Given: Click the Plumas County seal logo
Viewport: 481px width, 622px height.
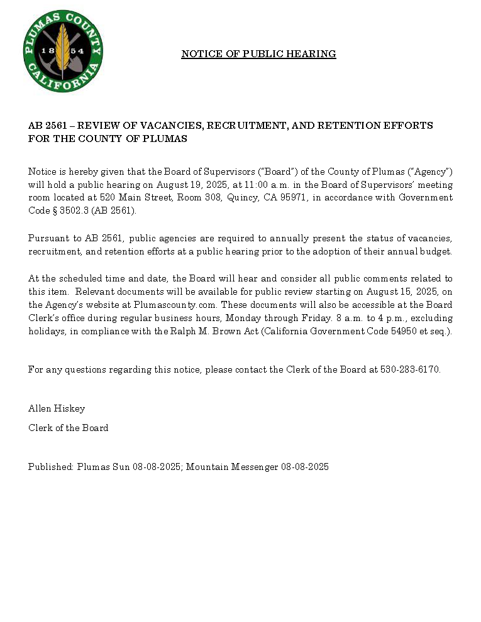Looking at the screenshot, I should click(x=63, y=51).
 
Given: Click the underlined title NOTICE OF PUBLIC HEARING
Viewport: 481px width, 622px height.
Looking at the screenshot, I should click(x=258, y=54).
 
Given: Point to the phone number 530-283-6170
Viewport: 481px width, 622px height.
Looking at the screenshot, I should click(x=410, y=369).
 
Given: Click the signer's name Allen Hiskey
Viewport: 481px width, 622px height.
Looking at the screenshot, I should click(x=57, y=408).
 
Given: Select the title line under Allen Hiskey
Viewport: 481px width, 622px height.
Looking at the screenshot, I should click(x=68, y=428).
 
